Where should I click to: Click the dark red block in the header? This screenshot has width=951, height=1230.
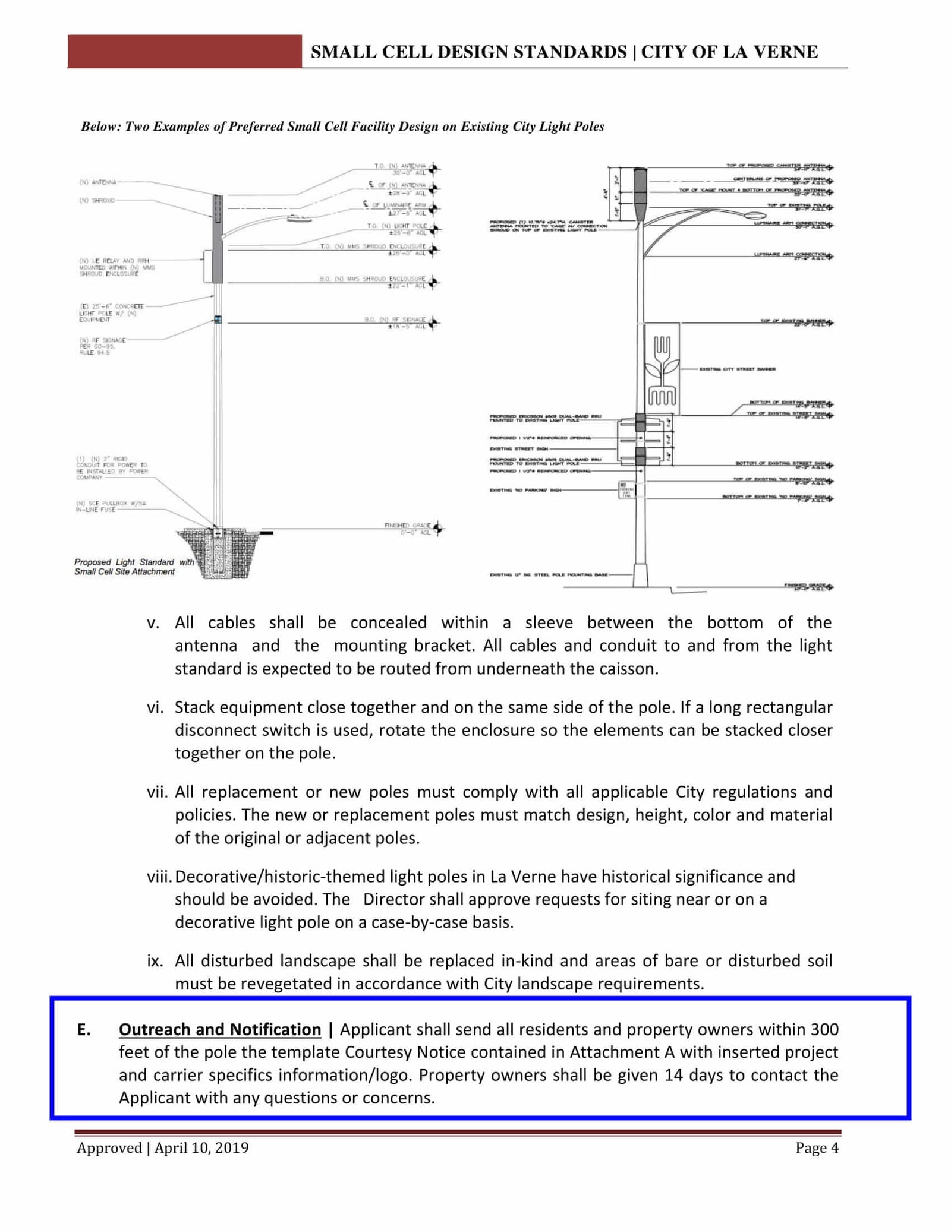pos(184,51)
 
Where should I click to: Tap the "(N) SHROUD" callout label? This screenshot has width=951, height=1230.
pos(97,200)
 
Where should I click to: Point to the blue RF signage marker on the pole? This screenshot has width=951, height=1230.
pos(218,320)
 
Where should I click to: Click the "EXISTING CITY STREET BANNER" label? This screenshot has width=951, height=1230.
pos(737,369)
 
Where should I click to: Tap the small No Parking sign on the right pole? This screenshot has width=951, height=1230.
pos(625,489)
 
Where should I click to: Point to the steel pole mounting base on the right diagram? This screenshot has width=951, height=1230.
pos(640,574)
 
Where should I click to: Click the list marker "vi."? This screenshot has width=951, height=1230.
pos(156,707)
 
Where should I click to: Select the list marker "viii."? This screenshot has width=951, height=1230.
pos(159,877)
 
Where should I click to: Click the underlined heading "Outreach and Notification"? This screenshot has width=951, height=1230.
pos(220,1029)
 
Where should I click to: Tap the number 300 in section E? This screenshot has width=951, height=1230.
pos(824,1029)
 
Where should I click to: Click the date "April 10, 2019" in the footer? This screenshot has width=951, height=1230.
pos(201,1148)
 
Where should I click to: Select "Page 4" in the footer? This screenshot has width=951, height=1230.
pos(817,1148)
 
